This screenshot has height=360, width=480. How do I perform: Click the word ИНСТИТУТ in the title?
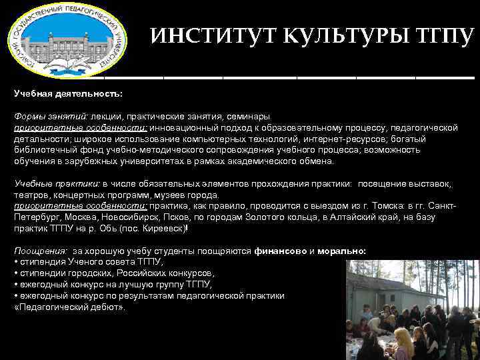[x=204, y=36]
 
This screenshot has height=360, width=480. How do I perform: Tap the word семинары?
[x=246, y=116]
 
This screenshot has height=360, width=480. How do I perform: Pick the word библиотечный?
[x=45, y=150]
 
